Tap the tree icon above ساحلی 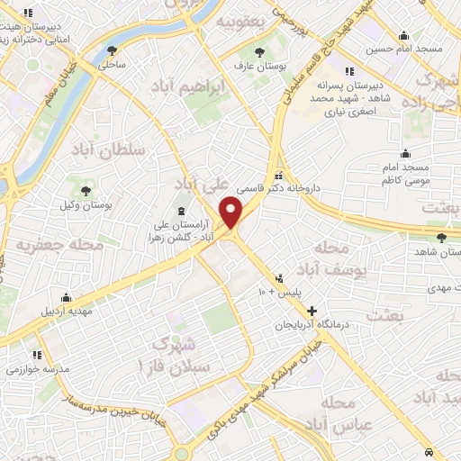[x=112, y=51]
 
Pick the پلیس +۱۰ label [x=286, y=292]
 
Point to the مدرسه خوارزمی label [x=37, y=369]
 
